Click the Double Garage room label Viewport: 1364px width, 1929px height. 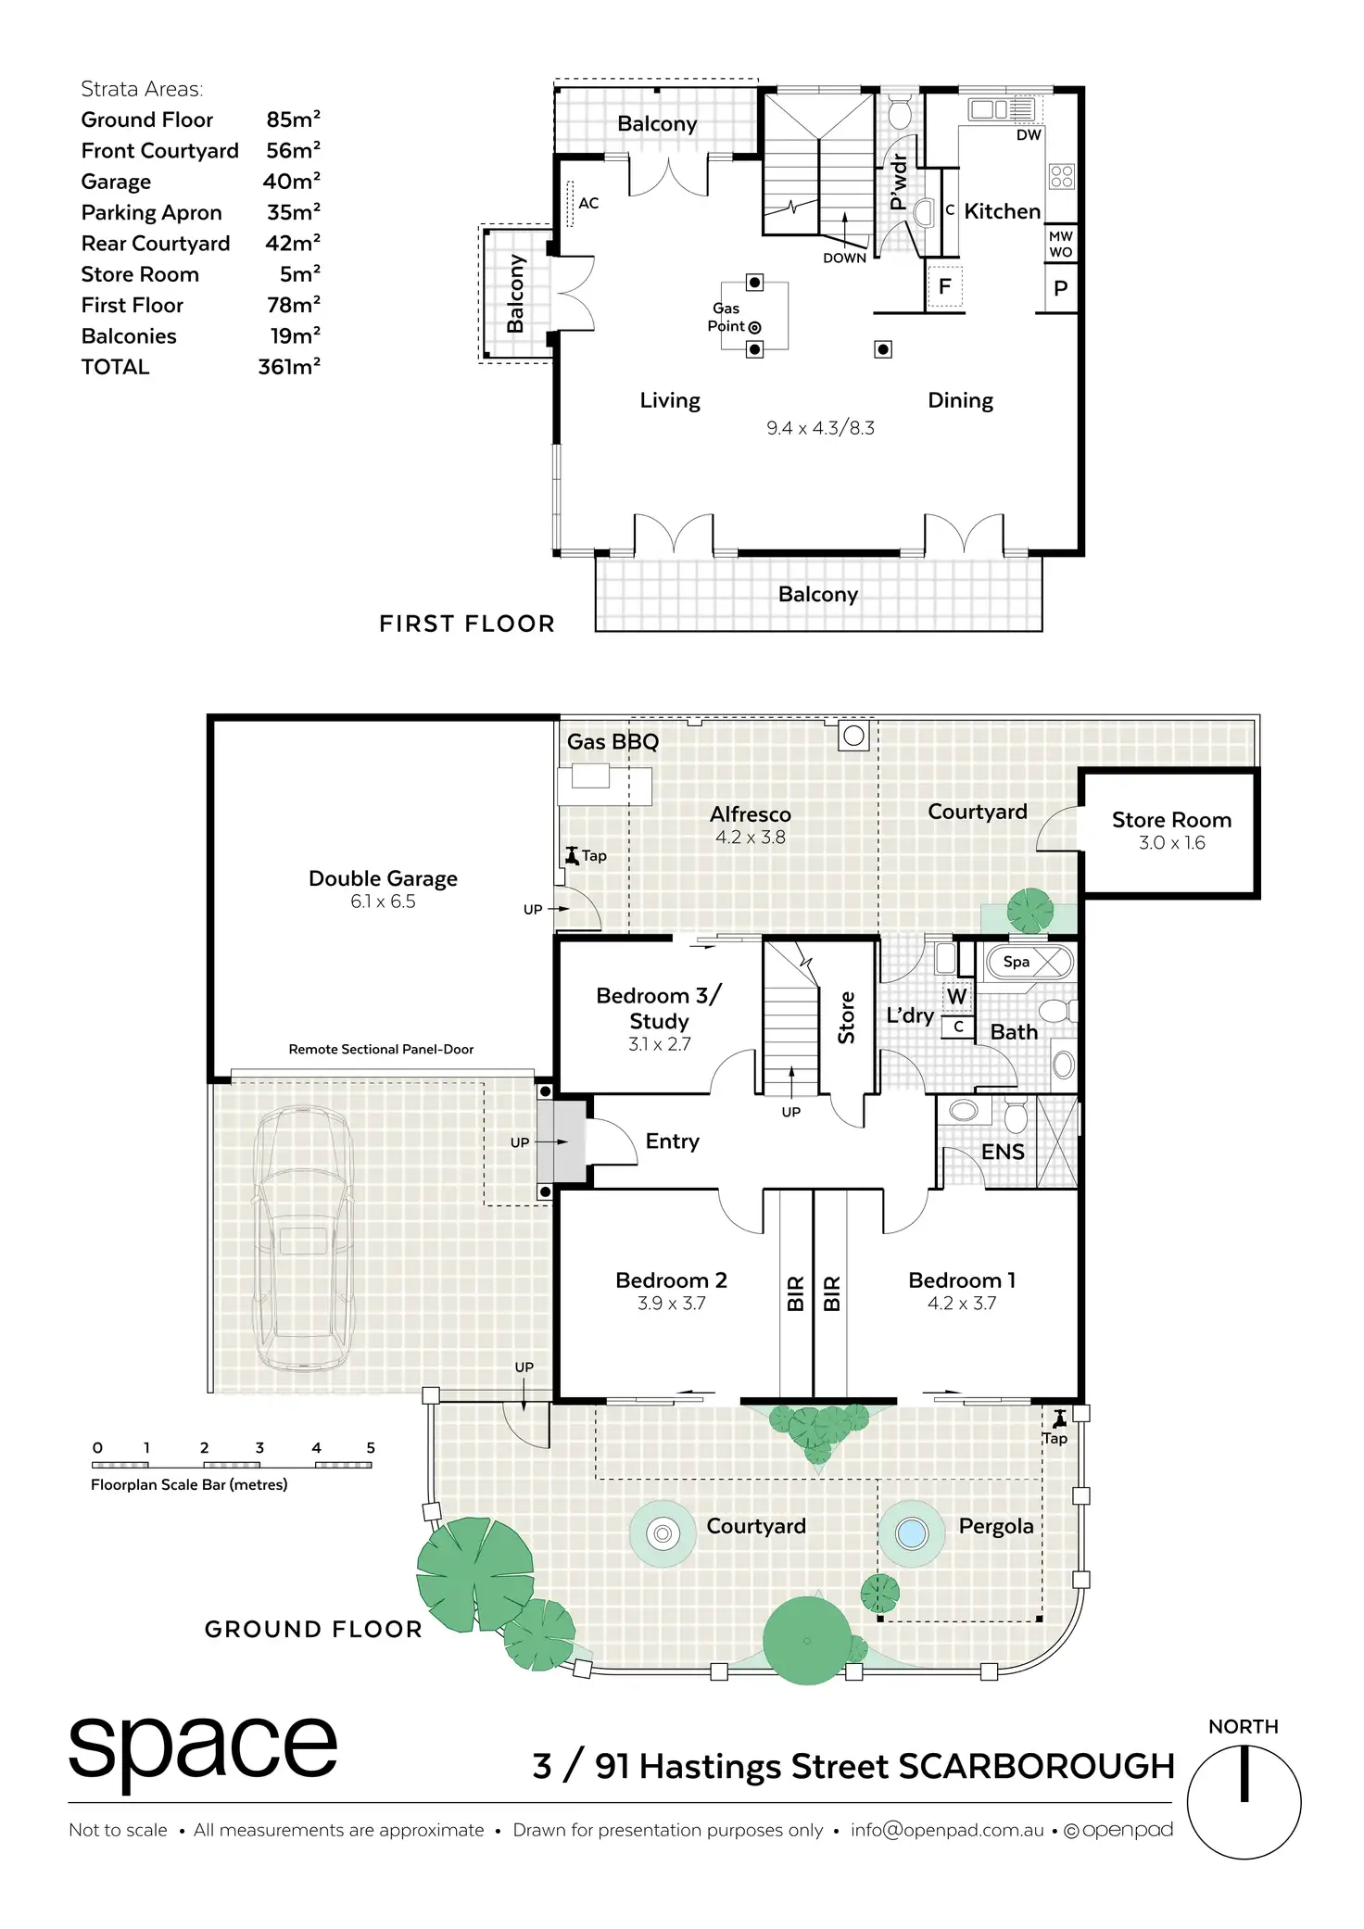click(x=383, y=878)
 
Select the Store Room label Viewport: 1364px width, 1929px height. click(x=1171, y=820)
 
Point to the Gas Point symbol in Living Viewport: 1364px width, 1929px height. click(x=754, y=327)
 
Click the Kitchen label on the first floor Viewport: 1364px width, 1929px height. click(x=1002, y=211)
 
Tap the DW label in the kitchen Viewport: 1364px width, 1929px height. click(x=1029, y=135)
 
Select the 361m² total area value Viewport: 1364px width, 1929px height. click(x=289, y=367)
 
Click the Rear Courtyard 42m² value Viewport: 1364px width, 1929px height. click(x=293, y=243)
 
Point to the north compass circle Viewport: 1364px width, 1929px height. click(x=1244, y=1802)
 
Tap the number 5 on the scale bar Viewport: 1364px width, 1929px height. click(x=371, y=1448)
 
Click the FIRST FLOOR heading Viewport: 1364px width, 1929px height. click(x=467, y=624)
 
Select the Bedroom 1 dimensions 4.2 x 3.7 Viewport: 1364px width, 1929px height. click(x=962, y=1303)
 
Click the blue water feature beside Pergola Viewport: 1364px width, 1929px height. click(x=912, y=1533)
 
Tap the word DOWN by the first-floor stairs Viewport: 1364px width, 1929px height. click(x=844, y=258)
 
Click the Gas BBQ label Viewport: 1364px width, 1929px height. click(x=613, y=741)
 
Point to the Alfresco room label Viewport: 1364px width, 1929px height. click(x=751, y=814)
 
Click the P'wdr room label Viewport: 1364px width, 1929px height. click(x=897, y=183)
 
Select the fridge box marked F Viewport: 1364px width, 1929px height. click(x=944, y=286)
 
